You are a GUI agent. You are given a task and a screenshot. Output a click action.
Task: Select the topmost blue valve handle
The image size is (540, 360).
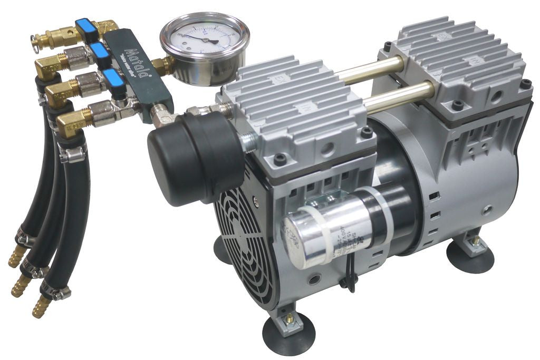pyautogui.click(x=84, y=26)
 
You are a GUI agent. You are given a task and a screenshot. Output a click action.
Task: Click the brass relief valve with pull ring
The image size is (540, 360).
pyautogui.click(x=50, y=37)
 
